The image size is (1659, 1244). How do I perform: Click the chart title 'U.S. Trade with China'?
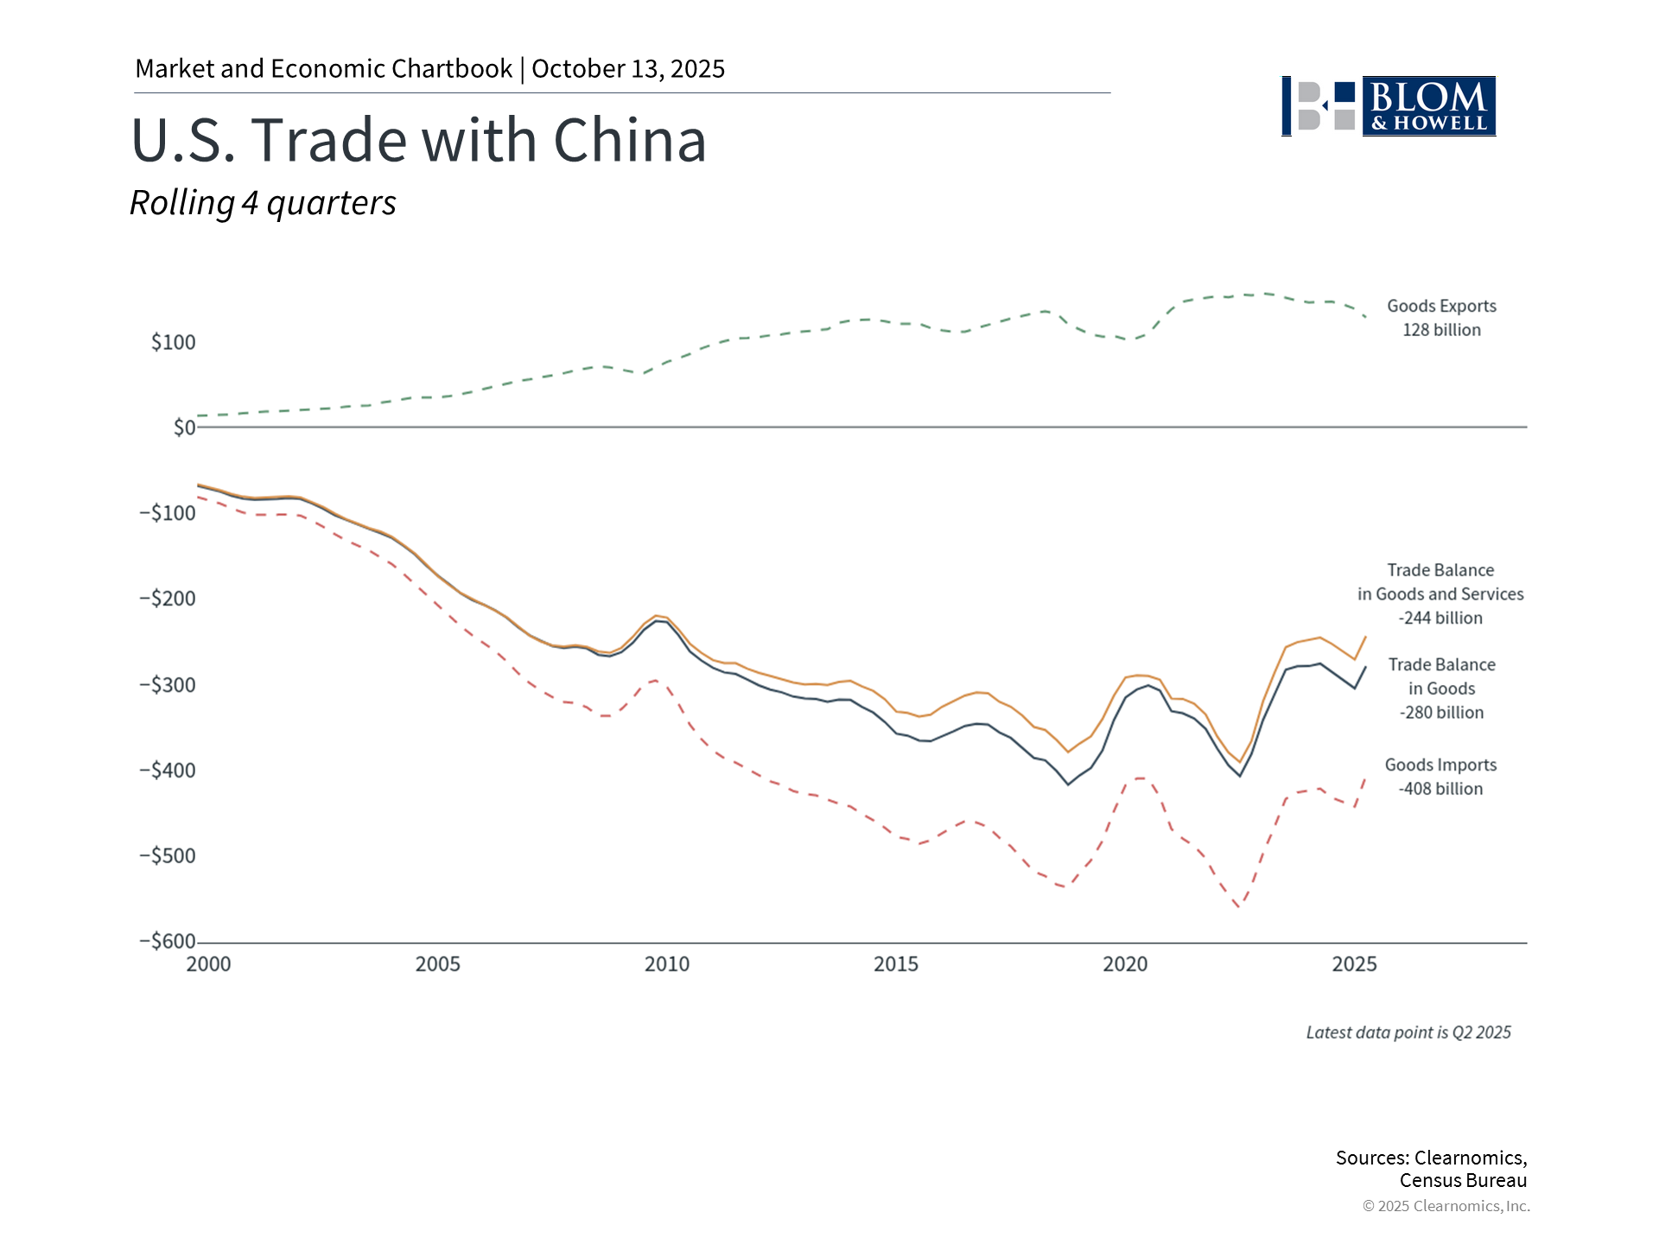(x=419, y=140)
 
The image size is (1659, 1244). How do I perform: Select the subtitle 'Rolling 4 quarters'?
(x=263, y=203)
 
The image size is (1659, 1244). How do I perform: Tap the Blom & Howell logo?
(x=1389, y=106)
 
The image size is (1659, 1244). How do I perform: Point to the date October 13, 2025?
(x=628, y=69)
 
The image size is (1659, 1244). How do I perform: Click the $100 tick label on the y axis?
(x=174, y=342)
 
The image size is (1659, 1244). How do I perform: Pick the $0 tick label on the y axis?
(x=184, y=428)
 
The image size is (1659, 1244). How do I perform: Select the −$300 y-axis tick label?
(x=168, y=685)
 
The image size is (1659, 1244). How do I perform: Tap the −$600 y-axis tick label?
(x=168, y=942)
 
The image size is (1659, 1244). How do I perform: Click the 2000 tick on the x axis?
(x=208, y=964)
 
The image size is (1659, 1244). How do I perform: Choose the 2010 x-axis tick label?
(x=667, y=964)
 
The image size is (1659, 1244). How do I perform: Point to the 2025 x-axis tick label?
(x=1354, y=964)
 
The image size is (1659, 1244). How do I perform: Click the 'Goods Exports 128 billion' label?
(x=1441, y=318)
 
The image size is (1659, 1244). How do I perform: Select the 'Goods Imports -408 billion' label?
(x=1440, y=777)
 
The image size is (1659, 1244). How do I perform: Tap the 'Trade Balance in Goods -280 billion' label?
(x=1441, y=689)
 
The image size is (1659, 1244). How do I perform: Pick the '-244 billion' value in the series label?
(x=1440, y=619)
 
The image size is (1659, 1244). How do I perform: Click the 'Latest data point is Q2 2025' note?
(x=1408, y=1032)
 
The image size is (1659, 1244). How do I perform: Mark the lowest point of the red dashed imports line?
(x=1239, y=907)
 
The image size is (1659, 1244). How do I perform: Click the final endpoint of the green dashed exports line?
(x=1365, y=317)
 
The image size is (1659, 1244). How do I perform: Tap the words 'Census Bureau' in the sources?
(x=1463, y=1181)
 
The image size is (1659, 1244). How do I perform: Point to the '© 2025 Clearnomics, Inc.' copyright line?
(x=1446, y=1206)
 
